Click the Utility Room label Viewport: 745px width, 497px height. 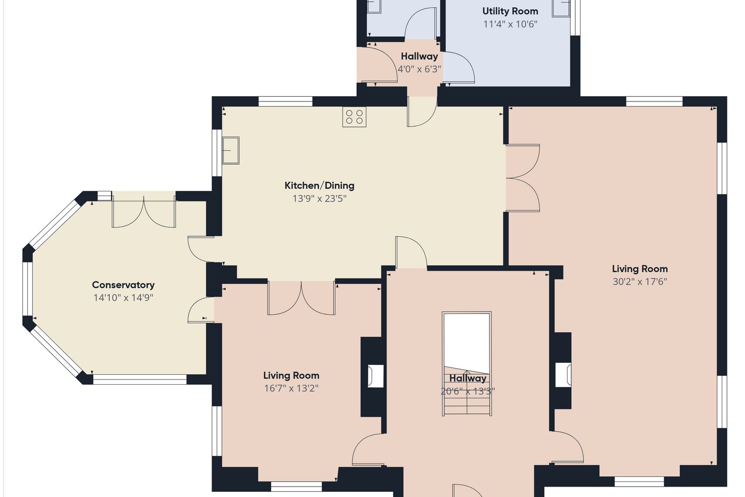pyautogui.click(x=510, y=11)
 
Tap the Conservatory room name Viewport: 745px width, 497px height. pyautogui.click(x=123, y=285)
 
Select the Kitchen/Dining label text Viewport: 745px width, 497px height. pyautogui.click(x=319, y=186)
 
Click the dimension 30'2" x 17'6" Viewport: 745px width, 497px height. pyautogui.click(x=640, y=282)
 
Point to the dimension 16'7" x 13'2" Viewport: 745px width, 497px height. pyautogui.click(x=291, y=388)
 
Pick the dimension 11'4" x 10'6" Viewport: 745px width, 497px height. pyautogui.click(x=510, y=24)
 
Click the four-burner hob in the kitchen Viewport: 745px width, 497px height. pyautogui.click(x=354, y=117)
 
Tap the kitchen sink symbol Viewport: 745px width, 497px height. pyautogui.click(x=231, y=150)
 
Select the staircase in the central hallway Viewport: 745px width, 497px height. pyautogui.click(x=467, y=363)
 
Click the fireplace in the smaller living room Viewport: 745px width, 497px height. pyautogui.click(x=375, y=376)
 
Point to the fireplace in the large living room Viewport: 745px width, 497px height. pyautogui.click(x=563, y=375)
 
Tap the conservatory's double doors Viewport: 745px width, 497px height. pyautogui.click(x=144, y=212)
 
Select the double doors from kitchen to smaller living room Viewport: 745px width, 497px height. pyautogui.click(x=301, y=298)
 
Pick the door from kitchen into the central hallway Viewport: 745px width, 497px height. pyautogui.click(x=411, y=252)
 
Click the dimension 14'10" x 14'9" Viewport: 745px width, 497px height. pyautogui.click(x=123, y=298)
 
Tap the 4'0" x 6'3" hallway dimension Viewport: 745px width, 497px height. pyautogui.click(x=420, y=69)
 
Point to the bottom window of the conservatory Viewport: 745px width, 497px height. pyautogui.click(x=140, y=379)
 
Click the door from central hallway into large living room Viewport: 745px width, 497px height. pyautogui.click(x=568, y=447)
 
